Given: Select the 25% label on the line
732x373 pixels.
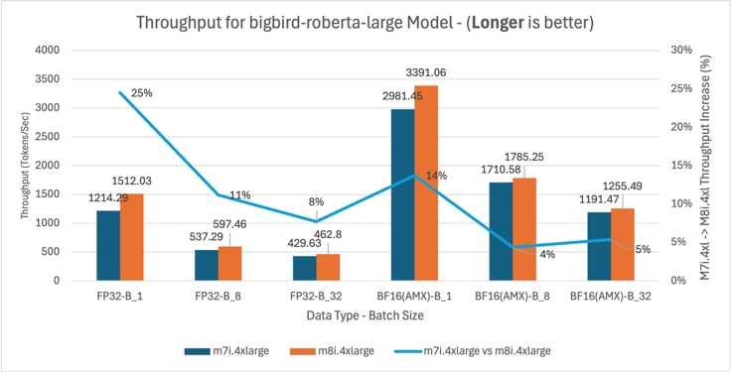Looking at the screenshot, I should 142,93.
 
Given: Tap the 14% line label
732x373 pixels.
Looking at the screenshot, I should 436,176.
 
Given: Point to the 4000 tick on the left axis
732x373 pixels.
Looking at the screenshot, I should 46,50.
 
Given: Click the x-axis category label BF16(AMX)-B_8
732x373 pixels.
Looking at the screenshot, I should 513,296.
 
